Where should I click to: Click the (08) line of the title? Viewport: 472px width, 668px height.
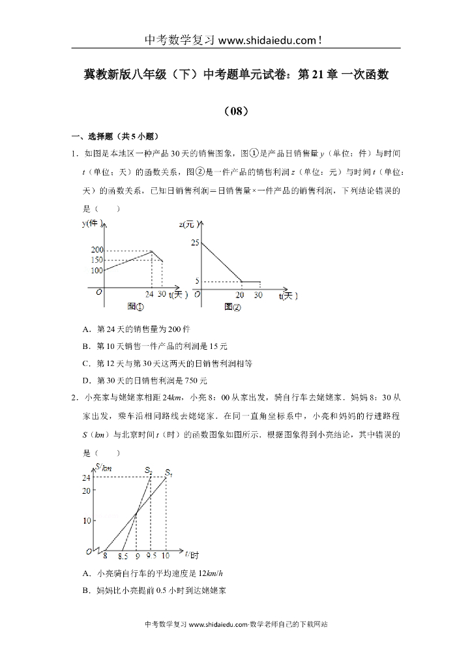[235, 111]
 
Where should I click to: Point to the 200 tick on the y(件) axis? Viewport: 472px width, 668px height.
[97, 250]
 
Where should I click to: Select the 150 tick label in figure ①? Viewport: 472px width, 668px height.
[97, 260]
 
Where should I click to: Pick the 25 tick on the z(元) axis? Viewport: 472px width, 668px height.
[194, 243]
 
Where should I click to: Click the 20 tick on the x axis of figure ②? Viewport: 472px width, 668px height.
[239, 295]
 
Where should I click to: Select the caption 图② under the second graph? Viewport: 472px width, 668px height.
[232, 307]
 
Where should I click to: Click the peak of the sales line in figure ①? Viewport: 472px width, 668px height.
[152, 251]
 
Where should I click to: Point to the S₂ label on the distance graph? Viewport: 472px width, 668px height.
[149, 470]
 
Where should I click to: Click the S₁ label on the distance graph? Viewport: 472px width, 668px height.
[168, 472]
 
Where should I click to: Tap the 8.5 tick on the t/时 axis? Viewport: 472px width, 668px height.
[123, 556]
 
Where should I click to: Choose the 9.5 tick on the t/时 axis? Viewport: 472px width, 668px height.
[151, 556]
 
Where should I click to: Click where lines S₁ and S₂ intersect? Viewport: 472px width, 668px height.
[136, 514]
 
